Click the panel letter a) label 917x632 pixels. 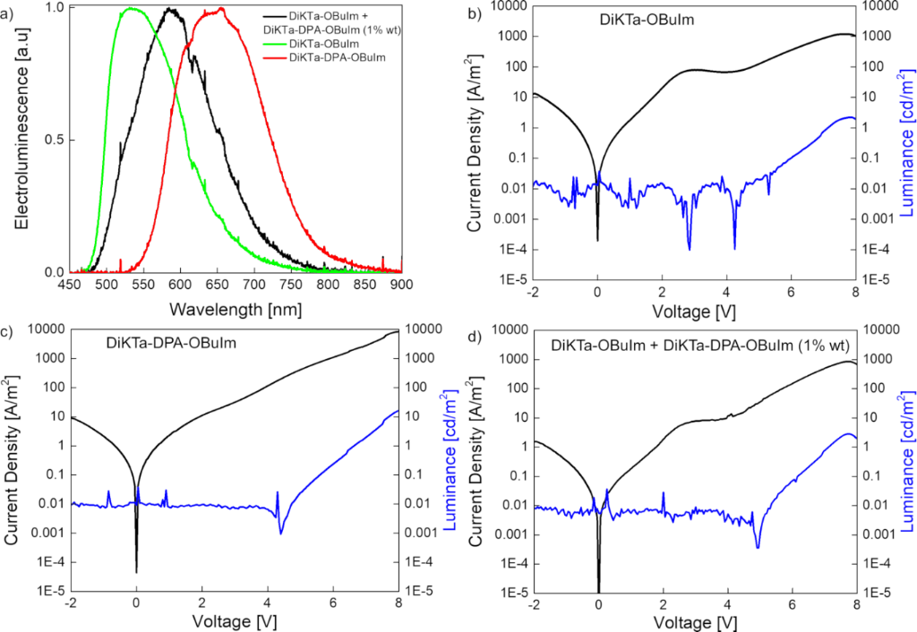click(8, 10)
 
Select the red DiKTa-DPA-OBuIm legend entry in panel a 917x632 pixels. click(335, 57)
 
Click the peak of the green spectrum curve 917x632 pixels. click(131, 8)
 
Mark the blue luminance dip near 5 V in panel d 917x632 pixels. click(758, 547)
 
